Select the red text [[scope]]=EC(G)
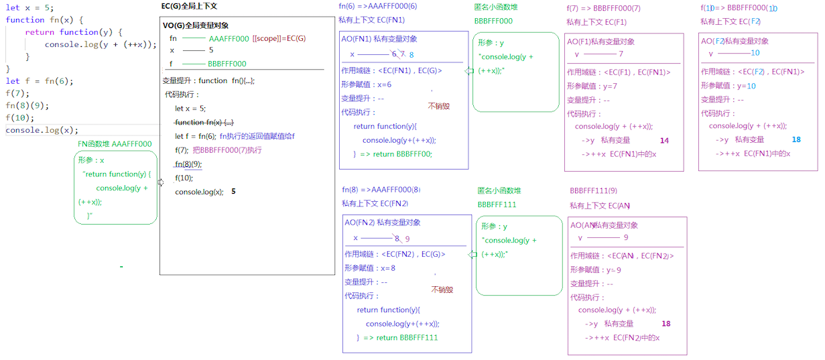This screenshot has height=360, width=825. tap(279, 39)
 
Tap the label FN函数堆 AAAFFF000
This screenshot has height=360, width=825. tap(115, 143)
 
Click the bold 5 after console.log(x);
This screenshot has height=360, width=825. tap(233, 192)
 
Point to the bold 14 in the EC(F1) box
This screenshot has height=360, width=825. tap(664, 141)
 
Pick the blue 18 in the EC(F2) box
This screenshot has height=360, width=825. tap(796, 140)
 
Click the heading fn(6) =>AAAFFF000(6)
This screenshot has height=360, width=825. tap(378, 7)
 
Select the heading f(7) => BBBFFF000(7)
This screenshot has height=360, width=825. tap(603, 9)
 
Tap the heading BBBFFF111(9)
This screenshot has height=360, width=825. tap(593, 191)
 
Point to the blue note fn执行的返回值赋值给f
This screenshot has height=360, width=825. tap(257, 136)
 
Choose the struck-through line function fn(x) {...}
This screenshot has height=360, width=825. tap(204, 122)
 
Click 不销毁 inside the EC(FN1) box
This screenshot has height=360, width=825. tap(439, 106)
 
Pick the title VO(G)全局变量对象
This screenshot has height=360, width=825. tap(196, 25)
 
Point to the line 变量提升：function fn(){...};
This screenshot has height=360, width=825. tap(208, 80)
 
